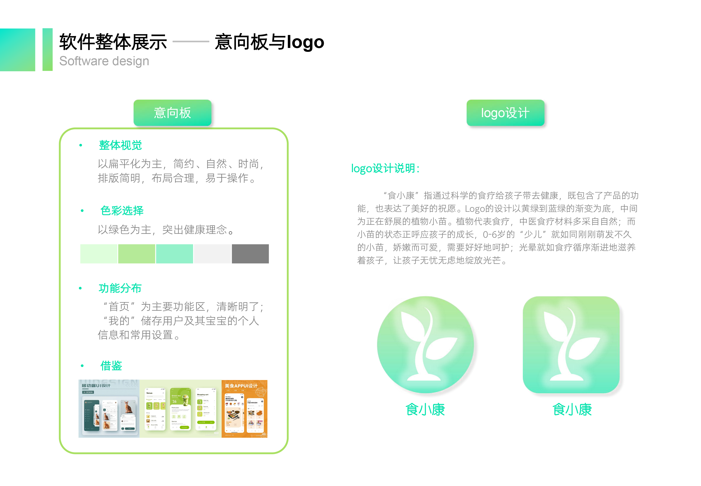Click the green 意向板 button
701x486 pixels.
[172, 113]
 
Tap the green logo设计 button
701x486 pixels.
[505, 113]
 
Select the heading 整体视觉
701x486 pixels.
[120, 145]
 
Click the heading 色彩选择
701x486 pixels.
[122, 210]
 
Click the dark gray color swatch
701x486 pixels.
[250, 254]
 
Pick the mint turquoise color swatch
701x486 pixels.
[174, 254]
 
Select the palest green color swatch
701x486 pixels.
[99, 254]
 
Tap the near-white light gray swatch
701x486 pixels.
[212, 254]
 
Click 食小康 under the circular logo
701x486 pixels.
[425, 410]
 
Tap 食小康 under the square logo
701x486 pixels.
[572, 410]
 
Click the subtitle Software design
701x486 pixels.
[104, 61]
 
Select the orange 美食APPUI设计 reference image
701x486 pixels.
[244, 409]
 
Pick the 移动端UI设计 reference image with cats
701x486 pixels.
[109, 409]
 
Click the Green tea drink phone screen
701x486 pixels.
[180, 409]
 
